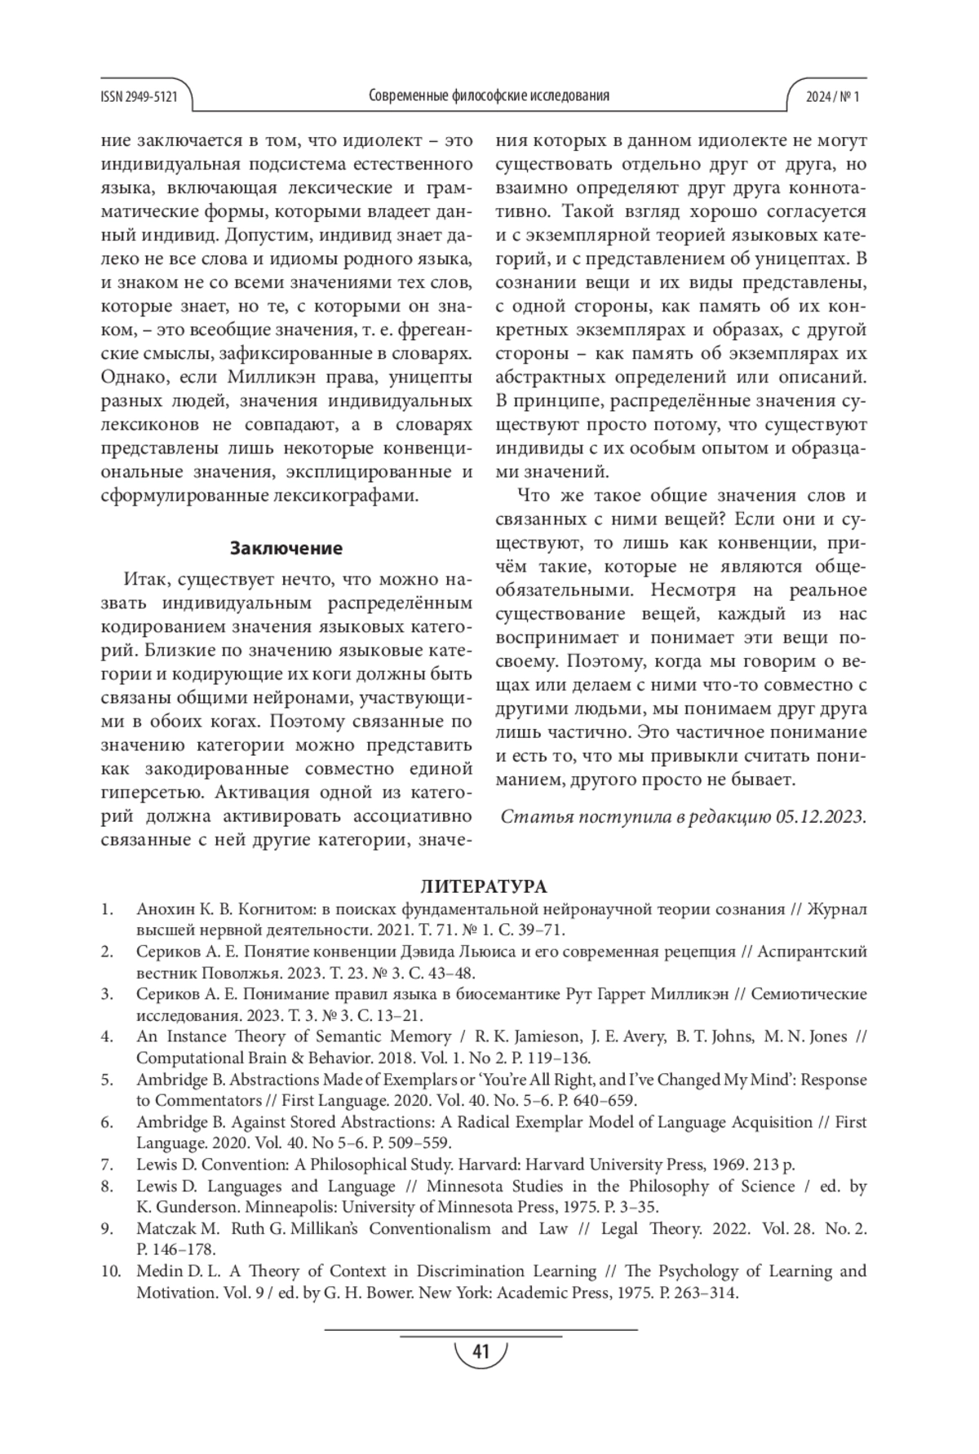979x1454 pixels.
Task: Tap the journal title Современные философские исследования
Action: click(489, 96)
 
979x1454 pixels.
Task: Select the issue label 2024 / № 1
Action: click(832, 96)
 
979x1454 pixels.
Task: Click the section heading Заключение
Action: click(286, 547)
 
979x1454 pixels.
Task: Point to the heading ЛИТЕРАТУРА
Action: click(484, 886)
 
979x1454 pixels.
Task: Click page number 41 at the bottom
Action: click(481, 1353)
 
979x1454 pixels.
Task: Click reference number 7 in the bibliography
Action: click(107, 1165)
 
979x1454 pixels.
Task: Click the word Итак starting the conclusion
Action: click(146, 580)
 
